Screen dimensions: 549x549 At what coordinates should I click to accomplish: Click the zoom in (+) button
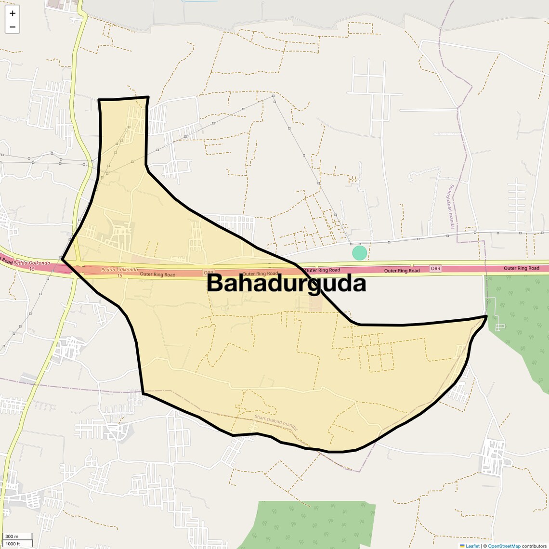(x=13, y=13)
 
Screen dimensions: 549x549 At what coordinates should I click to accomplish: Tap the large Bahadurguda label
(x=287, y=283)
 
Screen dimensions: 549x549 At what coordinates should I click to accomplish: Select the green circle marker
(x=359, y=252)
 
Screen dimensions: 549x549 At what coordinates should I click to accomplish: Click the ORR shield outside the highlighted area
(x=435, y=269)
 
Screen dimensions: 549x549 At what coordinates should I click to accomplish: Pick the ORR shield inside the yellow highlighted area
(x=208, y=273)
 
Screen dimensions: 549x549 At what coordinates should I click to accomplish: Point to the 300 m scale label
(x=12, y=536)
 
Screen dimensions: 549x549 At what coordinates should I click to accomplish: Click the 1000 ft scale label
(x=13, y=544)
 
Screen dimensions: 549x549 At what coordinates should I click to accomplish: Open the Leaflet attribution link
(x=472, y=546)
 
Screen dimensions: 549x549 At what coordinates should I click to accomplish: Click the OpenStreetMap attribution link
(x=504, y=546)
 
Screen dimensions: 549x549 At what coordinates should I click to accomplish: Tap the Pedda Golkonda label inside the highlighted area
(x=119, y=270)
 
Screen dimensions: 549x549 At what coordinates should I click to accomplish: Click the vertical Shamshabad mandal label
(x=451, y=207)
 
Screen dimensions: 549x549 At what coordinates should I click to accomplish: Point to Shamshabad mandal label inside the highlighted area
(x=276, y=422)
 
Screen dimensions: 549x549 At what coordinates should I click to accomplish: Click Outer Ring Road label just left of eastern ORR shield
(x=402, y=271)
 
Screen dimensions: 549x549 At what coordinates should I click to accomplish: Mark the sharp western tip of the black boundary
(x=63, y=259)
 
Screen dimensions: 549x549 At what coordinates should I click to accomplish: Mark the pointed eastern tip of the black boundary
(x=487, y=316)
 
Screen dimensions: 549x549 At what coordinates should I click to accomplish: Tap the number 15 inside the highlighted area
(x=119, y=276)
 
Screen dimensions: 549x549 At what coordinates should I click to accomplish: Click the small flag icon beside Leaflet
(x=462, y=546)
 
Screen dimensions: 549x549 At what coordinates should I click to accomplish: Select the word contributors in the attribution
(x=534, y=546)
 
